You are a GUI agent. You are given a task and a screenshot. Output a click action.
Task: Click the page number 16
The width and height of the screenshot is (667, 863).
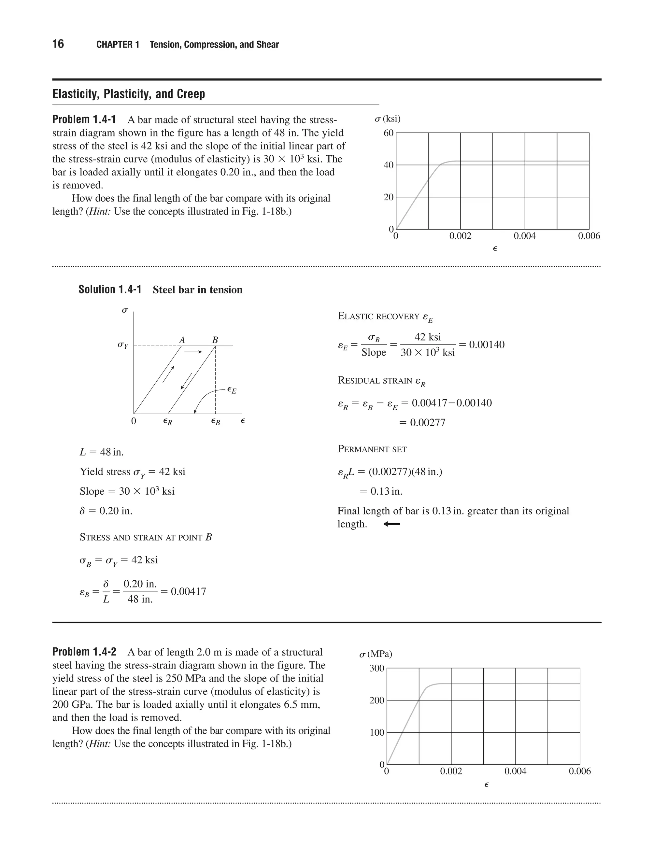click(x=58, y=44)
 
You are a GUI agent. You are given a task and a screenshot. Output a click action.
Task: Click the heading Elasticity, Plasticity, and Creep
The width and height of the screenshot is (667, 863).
click(x=129, y=94)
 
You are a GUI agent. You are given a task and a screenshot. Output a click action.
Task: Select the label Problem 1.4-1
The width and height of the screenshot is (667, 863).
click(x=84, y=119)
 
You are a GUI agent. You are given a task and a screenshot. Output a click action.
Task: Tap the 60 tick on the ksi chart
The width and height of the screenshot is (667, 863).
click(x=389, y=133)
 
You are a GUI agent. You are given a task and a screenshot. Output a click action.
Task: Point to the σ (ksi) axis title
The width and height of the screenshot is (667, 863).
click(x=388, y=119)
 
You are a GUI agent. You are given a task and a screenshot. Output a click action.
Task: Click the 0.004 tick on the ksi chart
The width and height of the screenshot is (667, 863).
click(x=524, y=236)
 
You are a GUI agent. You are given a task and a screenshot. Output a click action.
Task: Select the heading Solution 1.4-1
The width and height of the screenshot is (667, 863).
click(x=110, y=290)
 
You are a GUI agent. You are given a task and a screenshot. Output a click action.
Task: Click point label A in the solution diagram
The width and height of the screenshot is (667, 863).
click(x=182, y=340)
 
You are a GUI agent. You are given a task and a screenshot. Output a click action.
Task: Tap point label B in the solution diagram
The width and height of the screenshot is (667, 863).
click(x=215, y=340)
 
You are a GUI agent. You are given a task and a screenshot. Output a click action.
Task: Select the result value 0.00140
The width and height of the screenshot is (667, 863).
click(x=487, y=345)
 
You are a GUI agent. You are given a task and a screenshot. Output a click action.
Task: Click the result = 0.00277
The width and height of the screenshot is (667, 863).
click(x=422, y=423)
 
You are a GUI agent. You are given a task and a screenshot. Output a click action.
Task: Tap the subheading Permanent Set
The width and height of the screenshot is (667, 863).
click(x=372, y=449)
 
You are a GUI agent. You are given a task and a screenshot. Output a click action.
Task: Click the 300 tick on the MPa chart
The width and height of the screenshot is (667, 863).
click(x=376, y=668)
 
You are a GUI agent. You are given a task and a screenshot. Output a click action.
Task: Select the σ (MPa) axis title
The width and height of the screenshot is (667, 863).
click(x=376, y=654)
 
